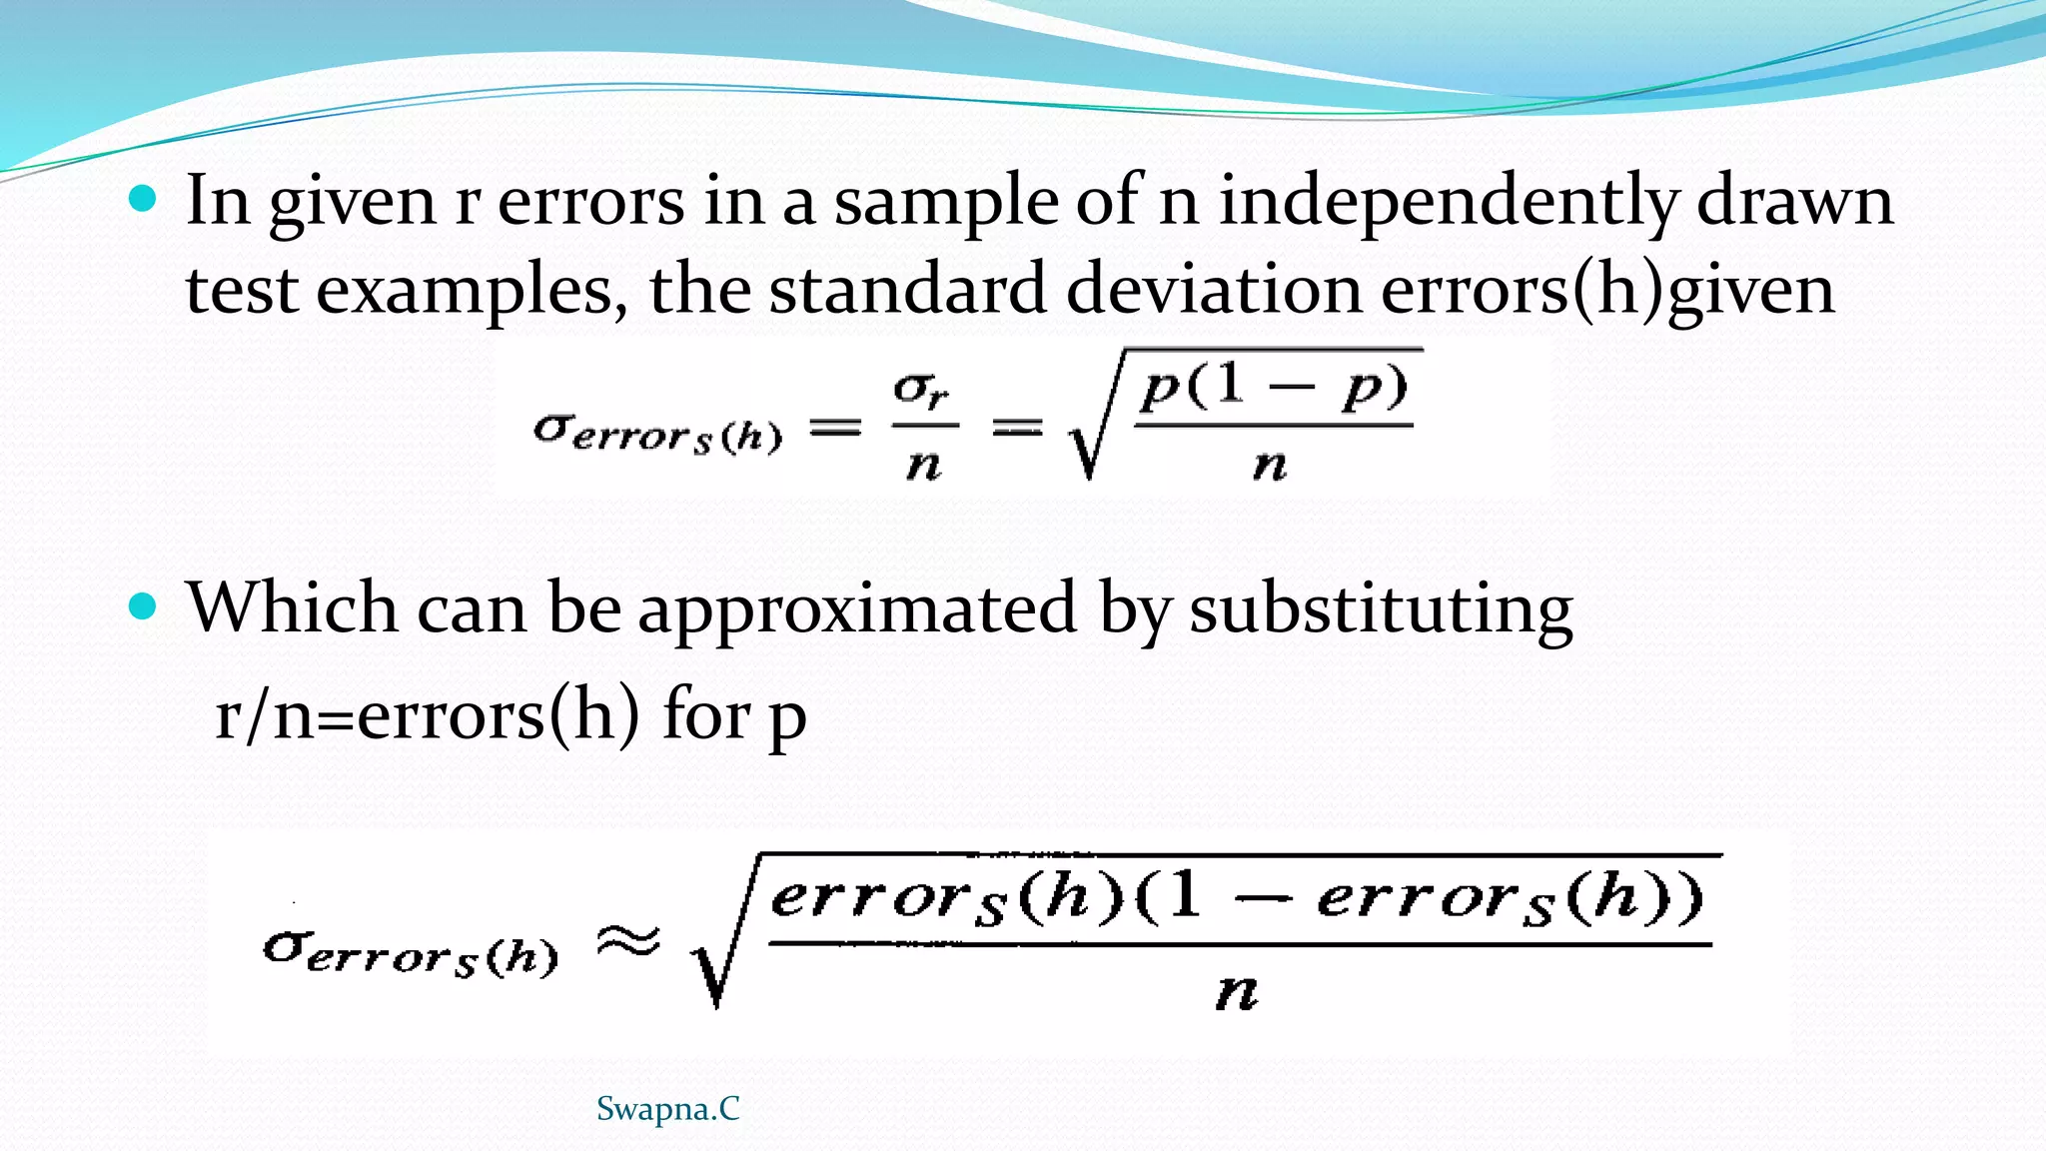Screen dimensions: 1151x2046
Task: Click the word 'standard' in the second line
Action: [x=907, y=290]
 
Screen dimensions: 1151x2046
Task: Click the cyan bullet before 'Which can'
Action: [x=144, y=605]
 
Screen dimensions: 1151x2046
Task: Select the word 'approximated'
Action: [x=857, y=609]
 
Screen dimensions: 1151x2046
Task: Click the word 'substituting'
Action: [x=1381, y=609]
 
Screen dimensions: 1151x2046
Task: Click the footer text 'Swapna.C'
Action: [x=667, y=1109]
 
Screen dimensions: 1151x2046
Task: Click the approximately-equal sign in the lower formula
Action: [x=628, y=941]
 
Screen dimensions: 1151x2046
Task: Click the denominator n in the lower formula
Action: [x=1237, y=991]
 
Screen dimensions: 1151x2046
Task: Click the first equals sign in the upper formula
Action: [x=834, y=429]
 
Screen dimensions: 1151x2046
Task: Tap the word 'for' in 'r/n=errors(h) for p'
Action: [x=705, y=715]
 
